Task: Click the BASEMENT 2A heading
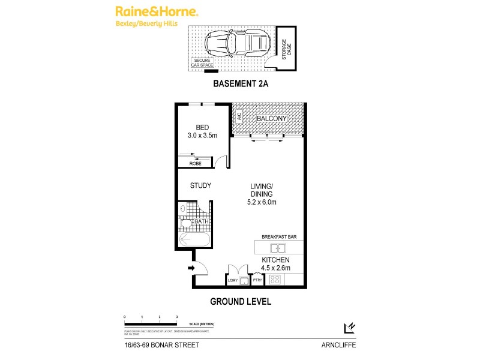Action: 240,85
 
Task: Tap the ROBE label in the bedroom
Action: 195,163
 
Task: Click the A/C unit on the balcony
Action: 238,118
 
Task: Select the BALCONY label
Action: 272,119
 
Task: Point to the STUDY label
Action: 200,185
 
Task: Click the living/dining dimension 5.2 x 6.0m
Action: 262,202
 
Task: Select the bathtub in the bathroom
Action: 194,241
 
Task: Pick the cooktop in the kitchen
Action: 276,279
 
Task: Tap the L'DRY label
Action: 232,280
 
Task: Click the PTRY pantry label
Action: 257,280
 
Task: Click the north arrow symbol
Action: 348,327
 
